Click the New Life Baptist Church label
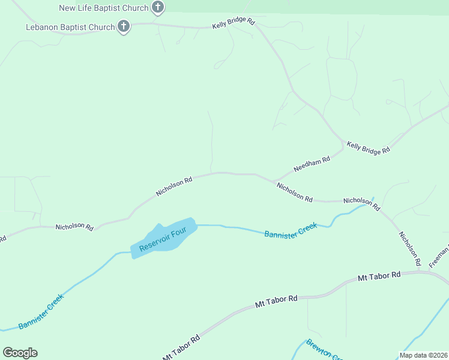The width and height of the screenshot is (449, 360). [x=104, y=8]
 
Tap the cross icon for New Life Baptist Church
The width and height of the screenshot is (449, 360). [x=158, y=8]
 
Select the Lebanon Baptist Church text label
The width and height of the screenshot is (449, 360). [x=70, y=27]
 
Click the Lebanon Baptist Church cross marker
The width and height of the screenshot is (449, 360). [x=124, y=26]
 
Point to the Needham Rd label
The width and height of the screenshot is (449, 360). [x=312, y=164]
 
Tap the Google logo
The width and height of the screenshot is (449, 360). [x=20, y=353]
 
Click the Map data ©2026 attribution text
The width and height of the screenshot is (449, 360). [x=423, y=355]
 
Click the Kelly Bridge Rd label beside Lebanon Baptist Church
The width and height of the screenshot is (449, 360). [x=234, y=25]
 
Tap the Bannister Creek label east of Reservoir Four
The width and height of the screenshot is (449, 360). [x=291, y=230]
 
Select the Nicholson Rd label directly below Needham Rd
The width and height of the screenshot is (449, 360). [x=294, y=193]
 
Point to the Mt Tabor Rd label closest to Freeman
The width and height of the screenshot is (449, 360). [x=379, y=277]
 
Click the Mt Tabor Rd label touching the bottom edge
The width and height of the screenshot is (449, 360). [x=181, y=349]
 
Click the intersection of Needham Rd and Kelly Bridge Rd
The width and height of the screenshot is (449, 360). [x=344, y=145]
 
